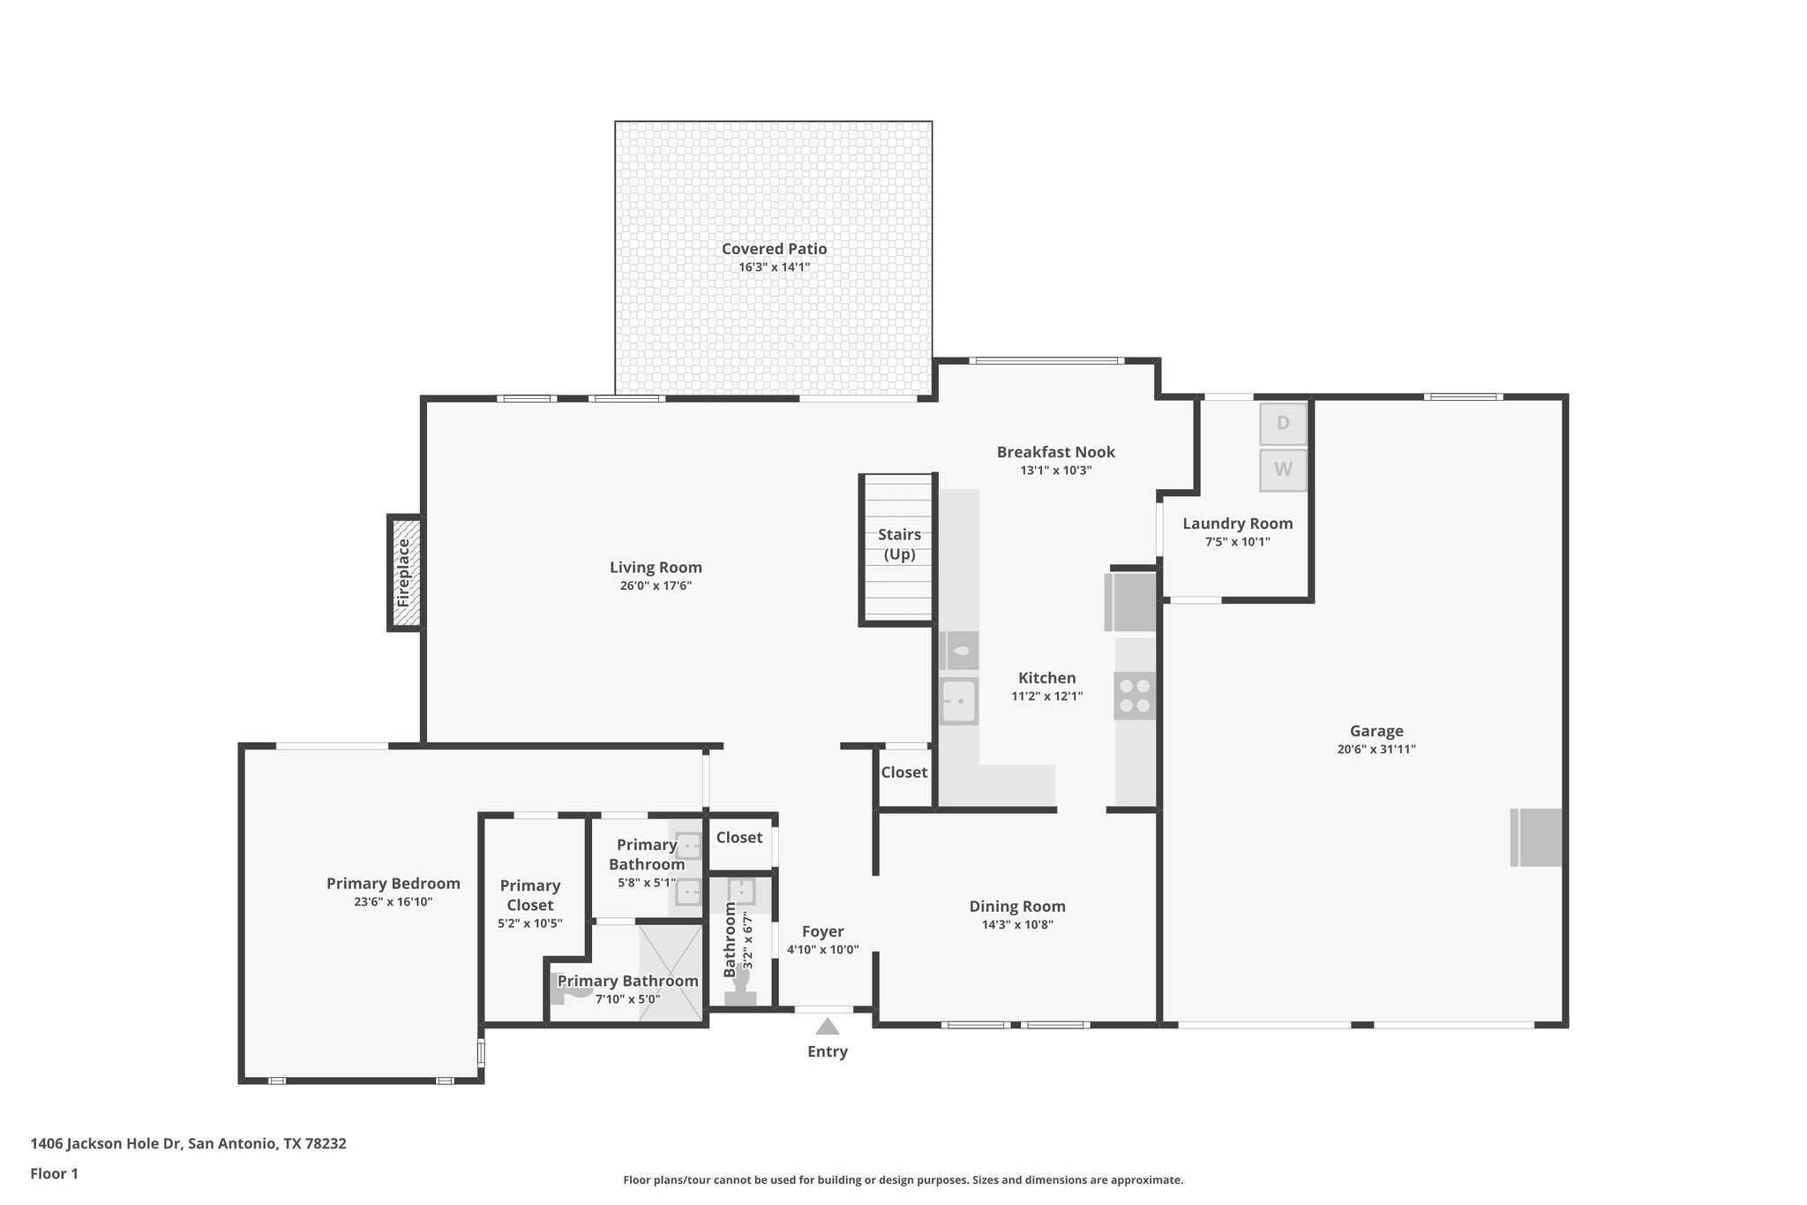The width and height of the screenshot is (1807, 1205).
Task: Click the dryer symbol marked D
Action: (x=1282, y=424)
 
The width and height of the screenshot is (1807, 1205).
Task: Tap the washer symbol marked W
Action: (x=1282, y=471)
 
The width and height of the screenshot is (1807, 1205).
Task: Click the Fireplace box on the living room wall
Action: (x=405, y=572)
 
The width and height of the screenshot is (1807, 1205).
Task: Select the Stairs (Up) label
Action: (x=899, y=545)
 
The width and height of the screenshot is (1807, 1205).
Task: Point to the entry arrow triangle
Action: (x=827, y=1027)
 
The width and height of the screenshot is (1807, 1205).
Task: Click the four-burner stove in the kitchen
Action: (x=1135, y=696)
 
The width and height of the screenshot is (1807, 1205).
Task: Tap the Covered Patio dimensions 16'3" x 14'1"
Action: (x=774, y=267)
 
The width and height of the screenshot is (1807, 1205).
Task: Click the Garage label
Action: (x=1376, y=731)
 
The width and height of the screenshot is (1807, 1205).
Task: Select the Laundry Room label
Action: (x=1237, y=523)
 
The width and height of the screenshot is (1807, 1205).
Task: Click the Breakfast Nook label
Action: (x=1055, y=452)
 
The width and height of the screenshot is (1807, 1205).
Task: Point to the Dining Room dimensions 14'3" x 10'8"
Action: (x=1017, y=925)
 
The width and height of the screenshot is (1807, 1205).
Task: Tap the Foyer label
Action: (x=822, y=931)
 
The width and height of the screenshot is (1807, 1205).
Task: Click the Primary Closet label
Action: (x=529, y=895)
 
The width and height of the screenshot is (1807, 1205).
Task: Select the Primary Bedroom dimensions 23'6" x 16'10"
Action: (x=393, y=902)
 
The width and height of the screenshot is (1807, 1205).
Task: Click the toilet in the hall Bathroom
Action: (x=740, y=996)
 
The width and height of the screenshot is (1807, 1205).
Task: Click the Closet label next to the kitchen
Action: (x=903, y=772)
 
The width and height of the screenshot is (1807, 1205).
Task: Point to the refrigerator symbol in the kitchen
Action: (x=1130, y=602)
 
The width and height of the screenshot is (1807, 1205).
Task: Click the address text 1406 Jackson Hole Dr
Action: (x=106, y=1144)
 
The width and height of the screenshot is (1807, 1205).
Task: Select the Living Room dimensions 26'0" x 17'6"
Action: (x=656, y=586)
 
